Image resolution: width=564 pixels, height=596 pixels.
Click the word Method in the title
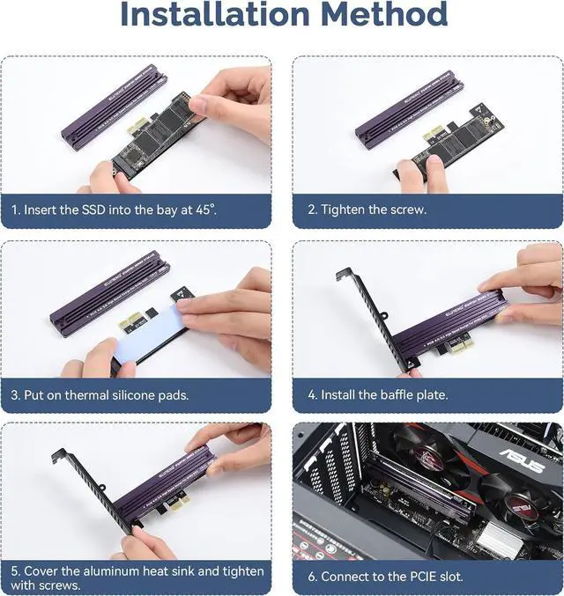383,16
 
